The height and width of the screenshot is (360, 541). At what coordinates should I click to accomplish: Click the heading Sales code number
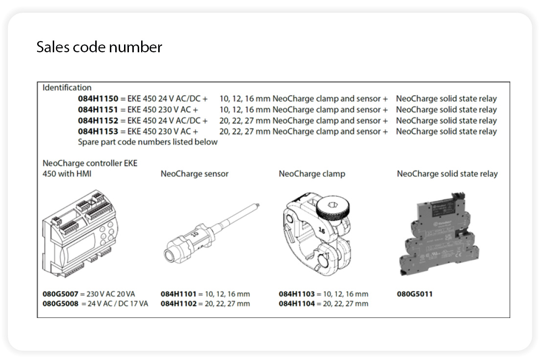pyautogui.click(x=99, y=47)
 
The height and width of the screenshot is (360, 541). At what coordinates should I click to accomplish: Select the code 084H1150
pyautogui.click(x=98, y=99)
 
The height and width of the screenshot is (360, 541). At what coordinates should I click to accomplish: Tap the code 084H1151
pyautogui.click(x=98, y=110)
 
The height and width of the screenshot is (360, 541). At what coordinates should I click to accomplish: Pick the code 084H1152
pyautogui.click(x=98, y=121)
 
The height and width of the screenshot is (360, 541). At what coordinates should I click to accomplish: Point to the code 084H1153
pyautogui.click(x=98, y=131)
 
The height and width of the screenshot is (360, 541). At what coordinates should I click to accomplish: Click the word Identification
pyautogui.click(x=67, y=88)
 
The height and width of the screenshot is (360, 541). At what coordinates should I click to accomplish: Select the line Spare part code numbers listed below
pyautogui.click(x=147, y=142)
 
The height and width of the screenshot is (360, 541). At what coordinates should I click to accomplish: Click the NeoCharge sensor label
pyautogui.click(x=194, y=174)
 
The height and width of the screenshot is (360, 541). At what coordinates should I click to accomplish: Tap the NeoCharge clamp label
pyautogui.click(x=312, y=174)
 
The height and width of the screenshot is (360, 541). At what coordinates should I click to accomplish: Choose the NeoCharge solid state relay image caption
pyautogui.click(x=447, y=174)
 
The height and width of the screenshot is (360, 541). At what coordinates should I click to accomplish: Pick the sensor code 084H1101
pyautogui.click(x=178, y=294)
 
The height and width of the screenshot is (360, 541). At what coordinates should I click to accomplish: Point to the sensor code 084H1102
pyautogui.click(x=178, y=304)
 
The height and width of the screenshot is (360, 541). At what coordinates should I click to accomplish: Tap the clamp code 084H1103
pyautogui.click(x=296, y=294)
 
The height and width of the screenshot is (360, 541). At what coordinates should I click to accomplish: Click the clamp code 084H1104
pyautogui.click(x=296, y=304)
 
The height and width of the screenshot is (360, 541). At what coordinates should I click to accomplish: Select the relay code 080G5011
pyautogui.click(x=415, y=294)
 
